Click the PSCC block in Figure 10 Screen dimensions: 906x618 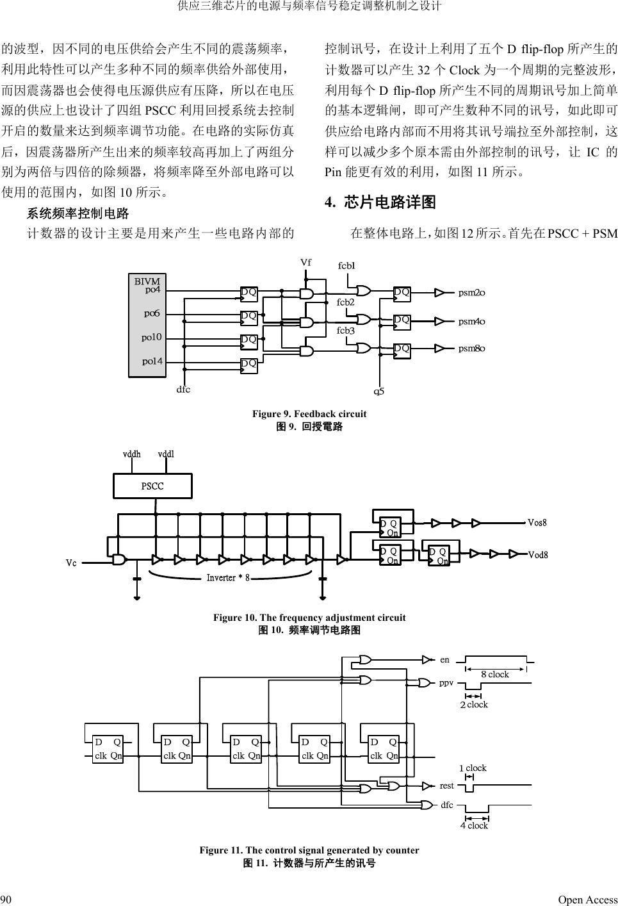152,486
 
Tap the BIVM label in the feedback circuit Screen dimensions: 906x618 147,281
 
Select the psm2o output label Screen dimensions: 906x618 471,293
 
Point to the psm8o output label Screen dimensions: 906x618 471,349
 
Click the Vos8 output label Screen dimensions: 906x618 537,523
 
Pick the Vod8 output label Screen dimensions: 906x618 537,554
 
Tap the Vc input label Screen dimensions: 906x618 71,563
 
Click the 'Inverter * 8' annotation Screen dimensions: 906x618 227,578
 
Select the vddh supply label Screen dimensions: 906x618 131,454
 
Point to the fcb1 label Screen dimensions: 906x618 346,265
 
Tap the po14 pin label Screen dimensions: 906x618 152,361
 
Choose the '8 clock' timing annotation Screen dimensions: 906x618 494,674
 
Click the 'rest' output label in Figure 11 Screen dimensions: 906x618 446,786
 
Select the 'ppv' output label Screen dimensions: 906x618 446,682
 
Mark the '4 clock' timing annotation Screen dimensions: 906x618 474,825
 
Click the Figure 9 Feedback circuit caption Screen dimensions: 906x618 309,414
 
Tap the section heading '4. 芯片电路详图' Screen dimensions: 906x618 380,203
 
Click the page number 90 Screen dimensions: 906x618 6,900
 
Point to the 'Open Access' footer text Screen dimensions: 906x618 587,900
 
